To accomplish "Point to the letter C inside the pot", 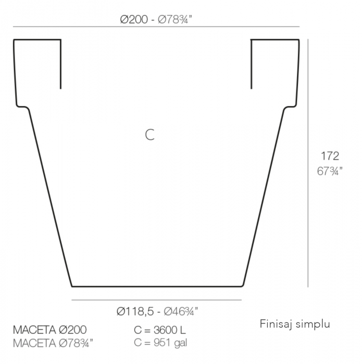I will click(x=150, y=135).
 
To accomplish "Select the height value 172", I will click(x=330, y=156).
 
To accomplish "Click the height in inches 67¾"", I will click(x=330, y=171).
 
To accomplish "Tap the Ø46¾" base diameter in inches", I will click(x=181, y=311).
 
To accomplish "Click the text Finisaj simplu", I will click(x=295, y=324).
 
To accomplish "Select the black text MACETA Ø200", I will click(x=50, y=330).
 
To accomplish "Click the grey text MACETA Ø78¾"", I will click(x=53, y=343).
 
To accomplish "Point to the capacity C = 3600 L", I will click(x=160, y=330).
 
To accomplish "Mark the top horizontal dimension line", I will click(x=156, y=27).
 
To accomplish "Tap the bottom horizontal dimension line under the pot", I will click(x=156, y=300).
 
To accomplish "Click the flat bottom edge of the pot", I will click(x=156, y=286).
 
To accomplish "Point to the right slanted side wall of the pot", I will click(x=264, y=198).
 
